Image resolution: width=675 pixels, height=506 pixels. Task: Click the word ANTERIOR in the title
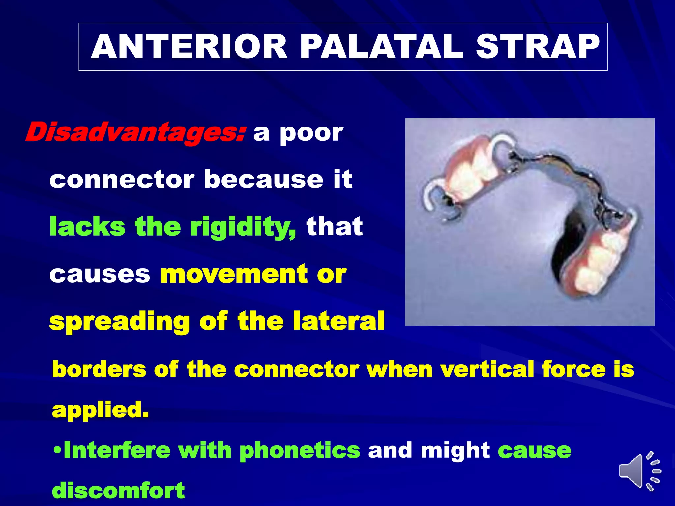[189, 47]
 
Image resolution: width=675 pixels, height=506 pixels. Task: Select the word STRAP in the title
[537, 47]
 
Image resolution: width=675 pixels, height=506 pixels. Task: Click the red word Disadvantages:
[135, 132]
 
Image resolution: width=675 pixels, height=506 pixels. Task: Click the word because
[263, 180]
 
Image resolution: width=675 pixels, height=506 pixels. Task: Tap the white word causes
[100, 274]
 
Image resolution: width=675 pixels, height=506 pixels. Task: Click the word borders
[99, 369]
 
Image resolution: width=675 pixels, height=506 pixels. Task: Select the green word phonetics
[300, 451]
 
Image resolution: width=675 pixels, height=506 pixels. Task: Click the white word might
[455, 451]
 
